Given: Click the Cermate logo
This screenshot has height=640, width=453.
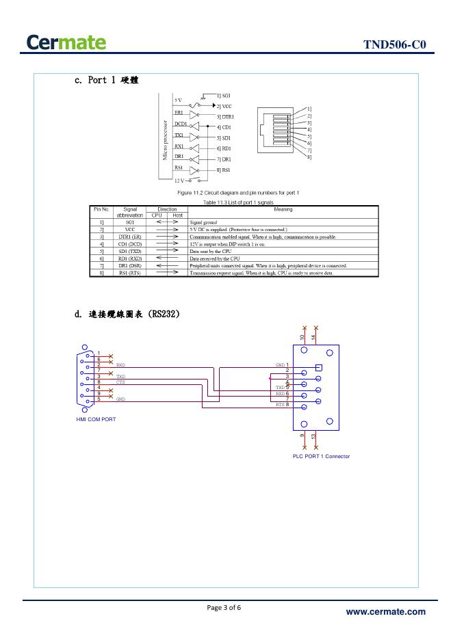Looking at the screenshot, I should (68, 42).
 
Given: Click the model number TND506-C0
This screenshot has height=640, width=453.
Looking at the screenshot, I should (395, 45).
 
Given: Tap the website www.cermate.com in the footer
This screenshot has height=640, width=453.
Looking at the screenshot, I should (385, 612).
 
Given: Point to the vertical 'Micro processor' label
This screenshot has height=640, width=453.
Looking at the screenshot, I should (164, 141).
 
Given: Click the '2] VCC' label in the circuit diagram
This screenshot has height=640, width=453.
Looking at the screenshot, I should (224, 107).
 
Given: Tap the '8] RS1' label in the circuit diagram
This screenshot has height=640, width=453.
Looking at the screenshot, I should (223, 169).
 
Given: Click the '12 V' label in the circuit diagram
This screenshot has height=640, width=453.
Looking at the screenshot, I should (179, 180).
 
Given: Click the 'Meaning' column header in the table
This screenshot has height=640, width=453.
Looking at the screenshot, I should (283, 209).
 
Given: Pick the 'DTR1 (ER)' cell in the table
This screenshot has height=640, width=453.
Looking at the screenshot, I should (130, 237).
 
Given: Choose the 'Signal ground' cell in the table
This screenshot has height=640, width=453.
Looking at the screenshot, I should (203, 222).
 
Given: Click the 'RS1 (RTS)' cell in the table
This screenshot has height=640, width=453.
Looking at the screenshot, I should (130, 273).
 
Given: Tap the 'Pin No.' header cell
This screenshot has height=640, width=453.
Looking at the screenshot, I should (101, 209).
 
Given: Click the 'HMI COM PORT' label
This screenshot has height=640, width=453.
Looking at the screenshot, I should (96, 418).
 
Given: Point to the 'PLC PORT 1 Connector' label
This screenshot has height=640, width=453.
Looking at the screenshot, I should (321, 456).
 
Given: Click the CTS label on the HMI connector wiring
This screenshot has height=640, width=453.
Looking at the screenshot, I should (120, 382).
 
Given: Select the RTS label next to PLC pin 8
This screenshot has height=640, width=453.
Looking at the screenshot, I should (280, 405).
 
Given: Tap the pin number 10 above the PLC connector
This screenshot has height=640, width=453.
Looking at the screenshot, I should (302, 337).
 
